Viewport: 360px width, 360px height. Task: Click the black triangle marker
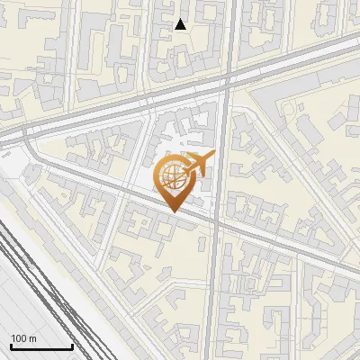coord(181,24)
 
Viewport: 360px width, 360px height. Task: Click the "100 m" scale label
coord(23,338)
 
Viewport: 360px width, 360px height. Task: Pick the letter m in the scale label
coord(31,338)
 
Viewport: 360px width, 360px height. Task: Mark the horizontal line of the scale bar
coord(41,347)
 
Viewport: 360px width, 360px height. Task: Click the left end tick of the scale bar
coord(11,346)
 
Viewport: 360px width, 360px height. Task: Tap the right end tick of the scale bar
coord(72,346)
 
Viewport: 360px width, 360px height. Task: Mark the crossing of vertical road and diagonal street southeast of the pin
coord(217,224)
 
